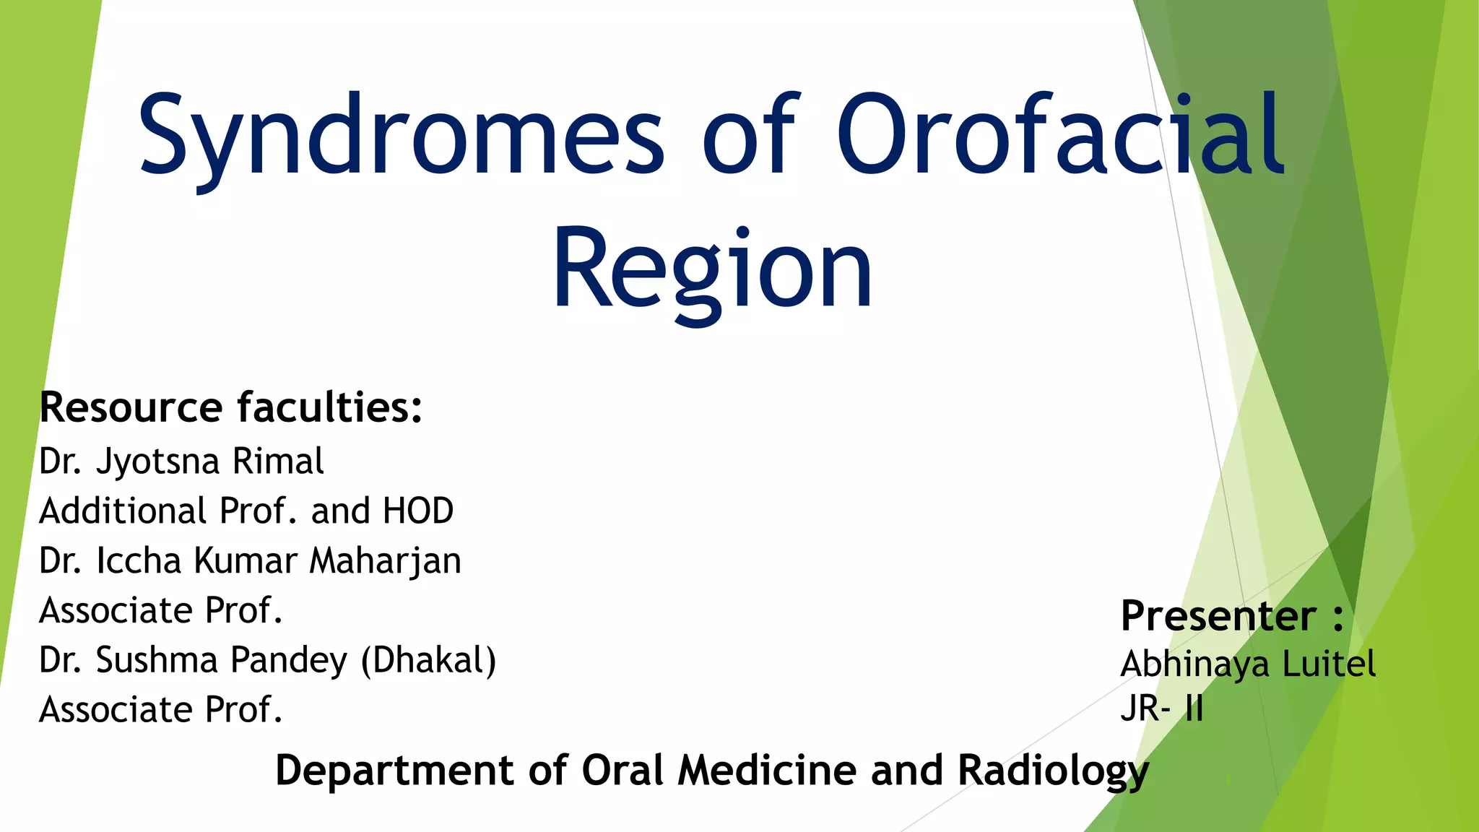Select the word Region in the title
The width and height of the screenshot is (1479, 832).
pyautogui.click(x=713, y=269)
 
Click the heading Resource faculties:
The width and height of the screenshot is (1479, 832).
pyautogui.click(x=230, y=407)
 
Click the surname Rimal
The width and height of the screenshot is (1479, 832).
pyautogui.click(x=278, y=461)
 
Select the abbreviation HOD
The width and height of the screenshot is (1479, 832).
pyautogui.click(x=418, y=511)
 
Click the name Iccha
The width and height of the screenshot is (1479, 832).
pyautogui.click(x=139, y=560)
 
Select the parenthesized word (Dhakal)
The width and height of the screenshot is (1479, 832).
pyautogui.click(x=428, y=660)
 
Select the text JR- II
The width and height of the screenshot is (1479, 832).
pyautogui.click(x=1162, y=708)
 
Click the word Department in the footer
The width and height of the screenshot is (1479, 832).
pyautogui.click(x=395, y=770)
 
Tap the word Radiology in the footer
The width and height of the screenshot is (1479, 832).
pyautogui.click(x=1053, y=771)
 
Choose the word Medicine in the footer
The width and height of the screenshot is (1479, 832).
pyautogui.click(x=768, y=770)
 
